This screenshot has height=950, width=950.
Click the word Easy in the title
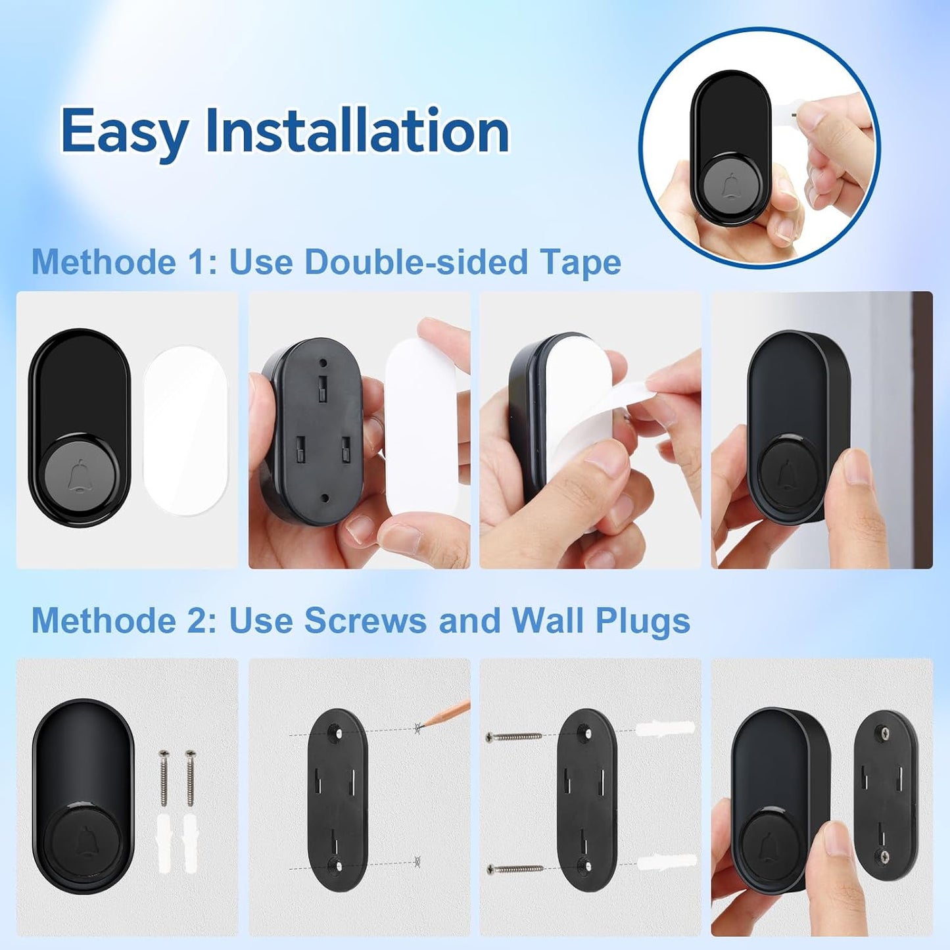(125, 131)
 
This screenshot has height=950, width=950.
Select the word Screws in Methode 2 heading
(365, 620)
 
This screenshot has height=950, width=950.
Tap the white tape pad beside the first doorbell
(185, 431)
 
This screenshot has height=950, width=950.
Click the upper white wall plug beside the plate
(665, 729)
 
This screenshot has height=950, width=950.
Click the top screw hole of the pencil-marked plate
(337, 732)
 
